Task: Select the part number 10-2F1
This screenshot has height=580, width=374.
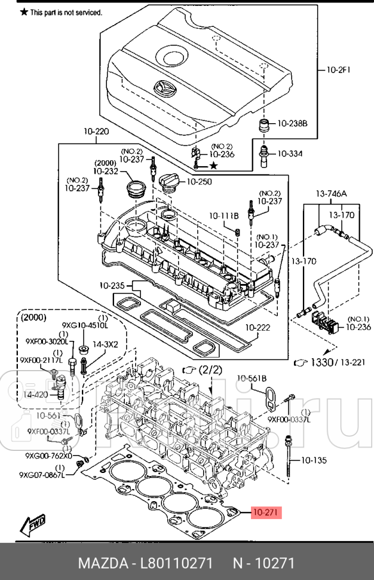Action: point(338,69)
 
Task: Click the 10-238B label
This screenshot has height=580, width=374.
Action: point(292,124)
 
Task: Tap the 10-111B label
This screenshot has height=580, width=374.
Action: point(223,215)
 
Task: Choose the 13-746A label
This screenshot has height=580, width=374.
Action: point(332,193)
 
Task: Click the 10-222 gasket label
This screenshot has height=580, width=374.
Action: point(258,327)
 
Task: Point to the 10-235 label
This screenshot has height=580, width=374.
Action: point(112,285)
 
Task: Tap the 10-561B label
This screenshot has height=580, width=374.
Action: point(252,377)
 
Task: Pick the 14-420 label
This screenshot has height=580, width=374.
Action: point(36,395)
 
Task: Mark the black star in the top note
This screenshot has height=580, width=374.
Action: point(24,11)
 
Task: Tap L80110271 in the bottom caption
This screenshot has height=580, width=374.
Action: point(178,563)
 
